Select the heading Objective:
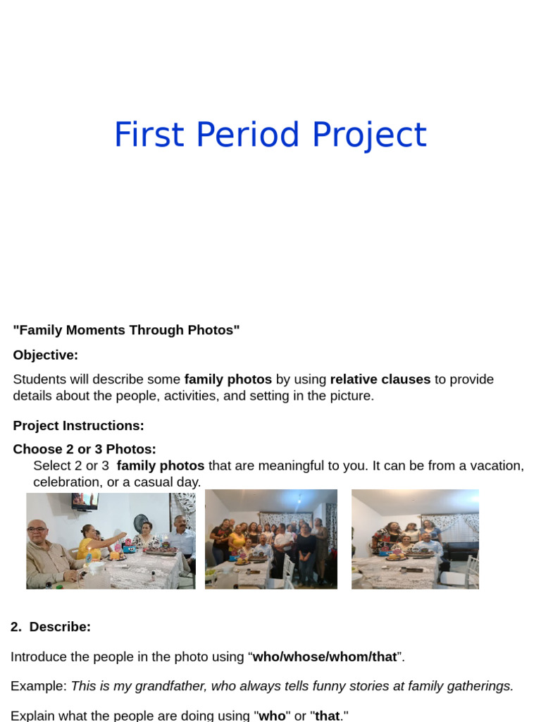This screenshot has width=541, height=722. click(46, 355)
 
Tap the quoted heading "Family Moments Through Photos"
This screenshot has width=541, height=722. click(126, 330)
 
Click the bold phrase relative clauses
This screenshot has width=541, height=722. click(380, 379)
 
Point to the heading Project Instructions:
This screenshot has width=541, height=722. click(78, 426)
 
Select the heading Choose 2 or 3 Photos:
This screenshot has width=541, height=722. click(85, 449)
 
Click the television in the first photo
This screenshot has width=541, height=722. click(85, 501)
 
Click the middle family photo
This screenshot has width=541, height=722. click(270, 539)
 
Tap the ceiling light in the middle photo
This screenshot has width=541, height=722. click(299, 496)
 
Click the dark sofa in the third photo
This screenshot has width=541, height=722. click(461, 550)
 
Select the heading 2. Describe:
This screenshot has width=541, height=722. click(51, 627)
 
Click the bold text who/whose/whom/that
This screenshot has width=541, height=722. click(325, 657)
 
